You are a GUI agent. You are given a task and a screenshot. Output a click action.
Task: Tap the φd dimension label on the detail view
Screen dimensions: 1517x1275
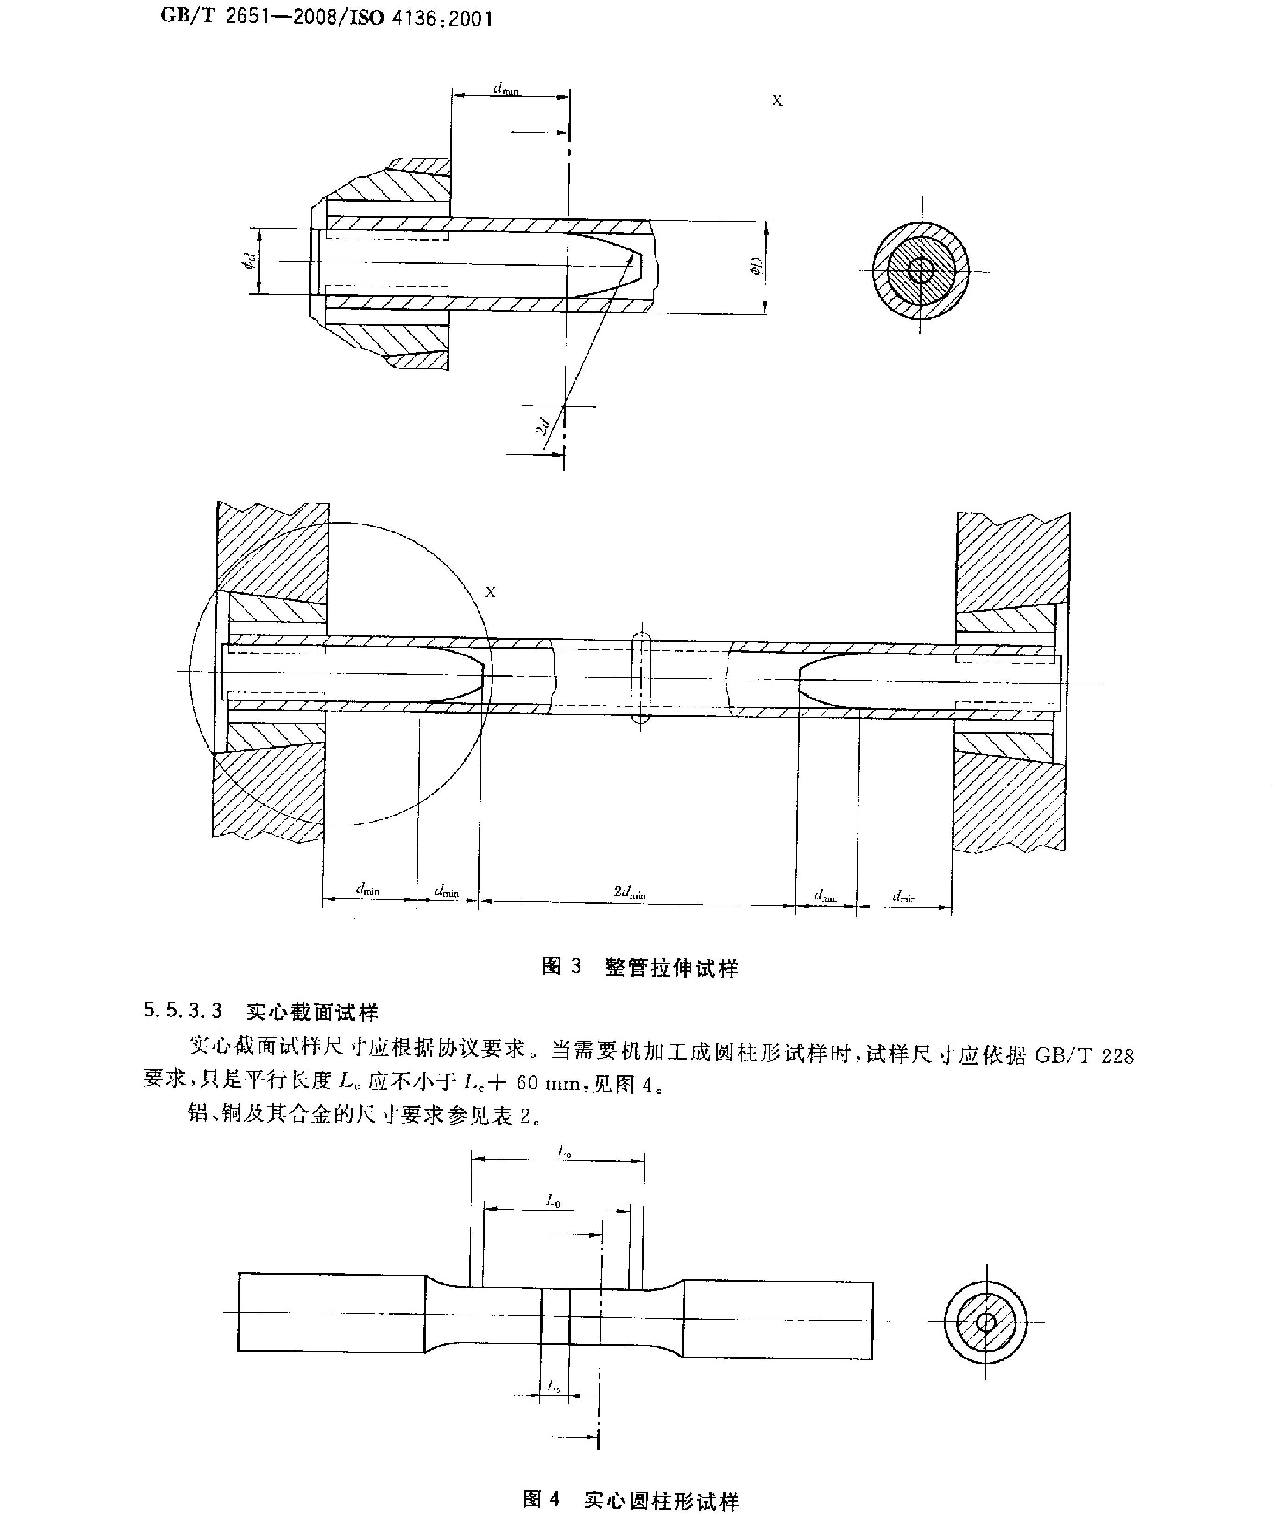pos(248,261)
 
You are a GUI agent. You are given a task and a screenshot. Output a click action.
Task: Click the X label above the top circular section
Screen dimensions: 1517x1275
pos(777,101)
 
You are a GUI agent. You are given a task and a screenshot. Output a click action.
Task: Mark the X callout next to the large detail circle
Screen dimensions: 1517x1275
pos(490,592)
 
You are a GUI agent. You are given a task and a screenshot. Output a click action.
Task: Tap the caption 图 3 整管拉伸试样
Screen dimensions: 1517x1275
pos(640,967)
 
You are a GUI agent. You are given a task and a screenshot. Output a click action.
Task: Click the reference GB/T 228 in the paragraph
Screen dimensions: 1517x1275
pos(1084,1056)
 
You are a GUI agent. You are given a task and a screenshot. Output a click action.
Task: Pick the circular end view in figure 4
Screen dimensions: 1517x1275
pos(985,1322)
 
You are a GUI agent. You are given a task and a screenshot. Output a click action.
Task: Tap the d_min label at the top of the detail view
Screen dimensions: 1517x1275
pos(506,89)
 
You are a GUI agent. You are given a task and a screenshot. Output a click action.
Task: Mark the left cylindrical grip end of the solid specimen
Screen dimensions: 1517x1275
pos(332,1313)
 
